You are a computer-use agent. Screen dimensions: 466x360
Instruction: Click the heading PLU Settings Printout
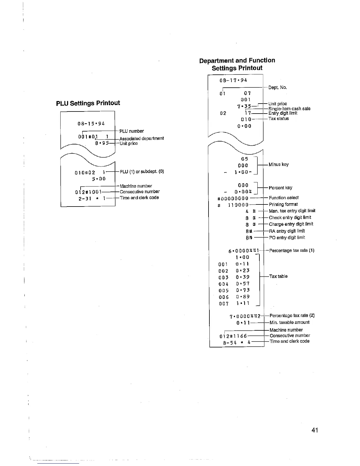click(88, 103)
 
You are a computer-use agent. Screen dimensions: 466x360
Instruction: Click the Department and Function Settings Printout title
click(237, 64)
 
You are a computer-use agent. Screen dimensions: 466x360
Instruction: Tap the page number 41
click(314, 430)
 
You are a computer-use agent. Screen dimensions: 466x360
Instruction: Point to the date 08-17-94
click(233, 80)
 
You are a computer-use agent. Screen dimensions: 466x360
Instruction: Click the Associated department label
click(141, 138)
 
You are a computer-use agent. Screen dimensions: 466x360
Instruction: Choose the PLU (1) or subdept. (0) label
click(142, 172)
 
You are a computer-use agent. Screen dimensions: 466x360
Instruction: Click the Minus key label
click(279, 164)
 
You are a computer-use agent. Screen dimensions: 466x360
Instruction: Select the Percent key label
click(281, 188)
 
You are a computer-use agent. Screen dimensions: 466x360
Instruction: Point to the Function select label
click(284, 198)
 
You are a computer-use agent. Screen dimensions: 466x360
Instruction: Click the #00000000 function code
click(232, 198)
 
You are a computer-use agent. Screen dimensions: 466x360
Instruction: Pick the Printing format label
click(283, 204)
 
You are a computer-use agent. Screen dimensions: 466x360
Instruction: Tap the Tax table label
click(278, 276)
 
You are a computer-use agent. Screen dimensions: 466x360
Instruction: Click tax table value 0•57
click(243, 284)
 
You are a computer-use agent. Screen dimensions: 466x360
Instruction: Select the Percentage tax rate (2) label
click(292, 316)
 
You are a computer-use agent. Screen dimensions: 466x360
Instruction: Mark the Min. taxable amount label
click(289, 322)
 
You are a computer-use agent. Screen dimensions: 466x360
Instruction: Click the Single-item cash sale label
click(289, 109)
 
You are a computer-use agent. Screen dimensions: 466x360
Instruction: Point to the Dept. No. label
click(277, 87)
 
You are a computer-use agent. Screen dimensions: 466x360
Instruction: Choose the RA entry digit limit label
click(287, 231)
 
